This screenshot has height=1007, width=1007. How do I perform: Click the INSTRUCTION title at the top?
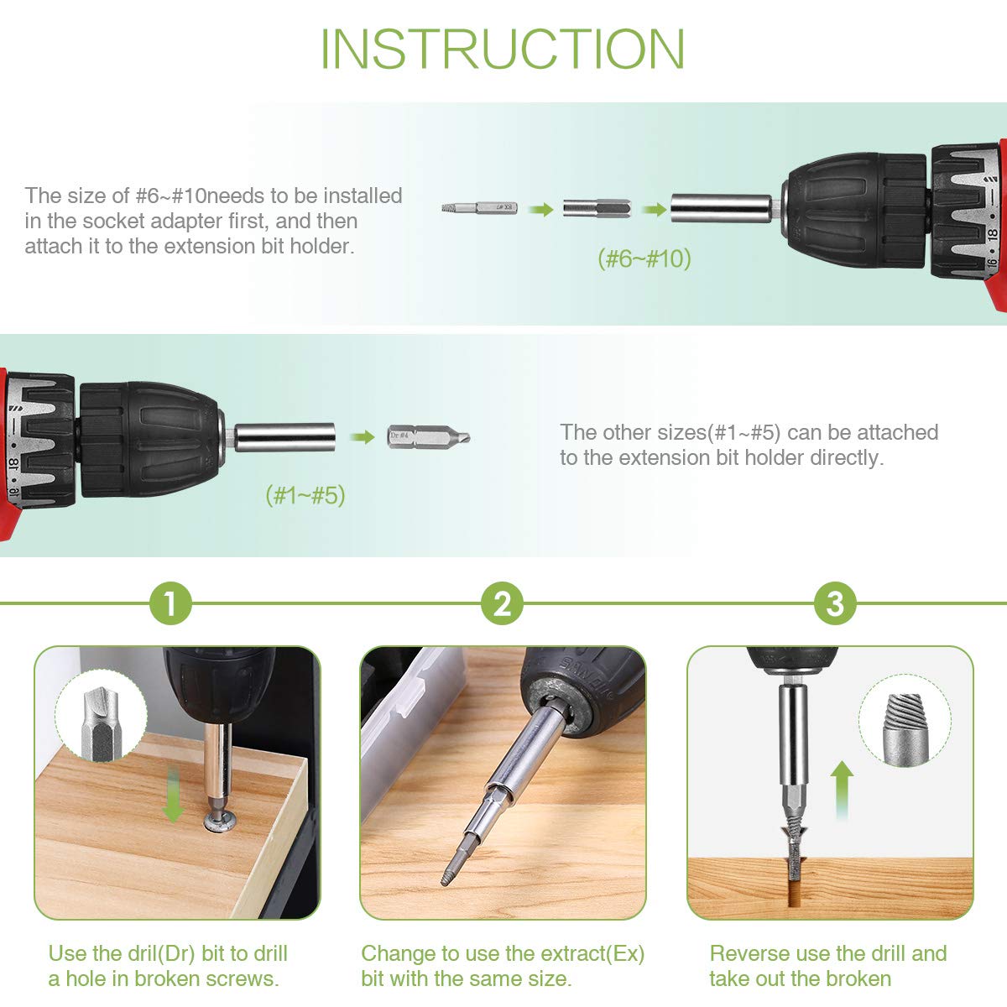point(502,49)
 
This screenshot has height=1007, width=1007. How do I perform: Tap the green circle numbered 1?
point(170,603)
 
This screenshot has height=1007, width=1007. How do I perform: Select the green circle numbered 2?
point(502,603)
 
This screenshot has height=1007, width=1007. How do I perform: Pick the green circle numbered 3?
point(835,603)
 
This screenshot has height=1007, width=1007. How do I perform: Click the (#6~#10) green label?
point(644,258)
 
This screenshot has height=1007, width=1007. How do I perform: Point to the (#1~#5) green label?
point(305,495)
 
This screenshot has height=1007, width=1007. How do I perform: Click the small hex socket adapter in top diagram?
point(597,208)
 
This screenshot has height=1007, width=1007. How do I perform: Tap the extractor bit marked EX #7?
point(480,208)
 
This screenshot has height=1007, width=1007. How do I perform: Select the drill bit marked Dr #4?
point(429,436)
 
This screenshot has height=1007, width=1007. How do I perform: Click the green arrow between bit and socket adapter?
point(540,210)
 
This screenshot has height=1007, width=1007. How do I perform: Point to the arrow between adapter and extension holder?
point(655,210)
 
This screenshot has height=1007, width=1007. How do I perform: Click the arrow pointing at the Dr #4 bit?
point(363,436)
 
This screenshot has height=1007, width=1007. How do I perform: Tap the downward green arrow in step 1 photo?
point(173,795)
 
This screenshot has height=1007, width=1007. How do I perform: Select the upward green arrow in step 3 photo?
point(842,790)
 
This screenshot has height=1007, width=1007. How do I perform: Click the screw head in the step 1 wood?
point(220,822)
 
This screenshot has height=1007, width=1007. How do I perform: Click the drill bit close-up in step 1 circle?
point(101,724)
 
